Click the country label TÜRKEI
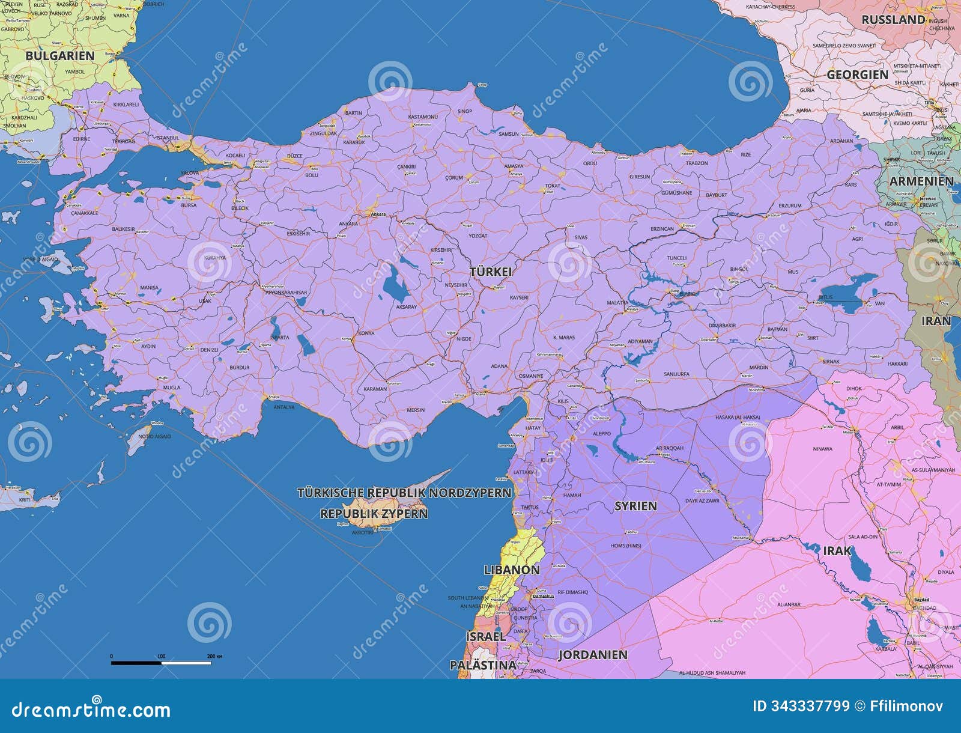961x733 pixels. click(x=491, y=272)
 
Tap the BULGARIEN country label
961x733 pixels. click(x=60, y=55)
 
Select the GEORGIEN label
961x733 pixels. click(x=857, y=75)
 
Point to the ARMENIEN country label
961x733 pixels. click(x=921, y=181)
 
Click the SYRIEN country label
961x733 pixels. click(x=635, y=506)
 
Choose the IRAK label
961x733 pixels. click(x=837, y=550)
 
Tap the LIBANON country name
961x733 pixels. click(x=512, y=569)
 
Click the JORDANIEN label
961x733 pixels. click(x=593, y=654)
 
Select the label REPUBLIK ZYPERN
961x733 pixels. click(x=374, y=514)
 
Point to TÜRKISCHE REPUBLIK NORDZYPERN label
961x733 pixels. click(x=404, y=493)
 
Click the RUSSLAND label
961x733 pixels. click(x=893, y=20)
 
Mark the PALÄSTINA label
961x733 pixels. click(x=483, y=665)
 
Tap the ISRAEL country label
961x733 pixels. click(x=485, y=636)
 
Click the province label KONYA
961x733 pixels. click(x=366, y=333)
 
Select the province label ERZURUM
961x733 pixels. click(x=789, y=205)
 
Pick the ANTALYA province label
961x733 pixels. click(x=284, y=407)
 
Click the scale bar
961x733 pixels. click(x=161, y=663)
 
